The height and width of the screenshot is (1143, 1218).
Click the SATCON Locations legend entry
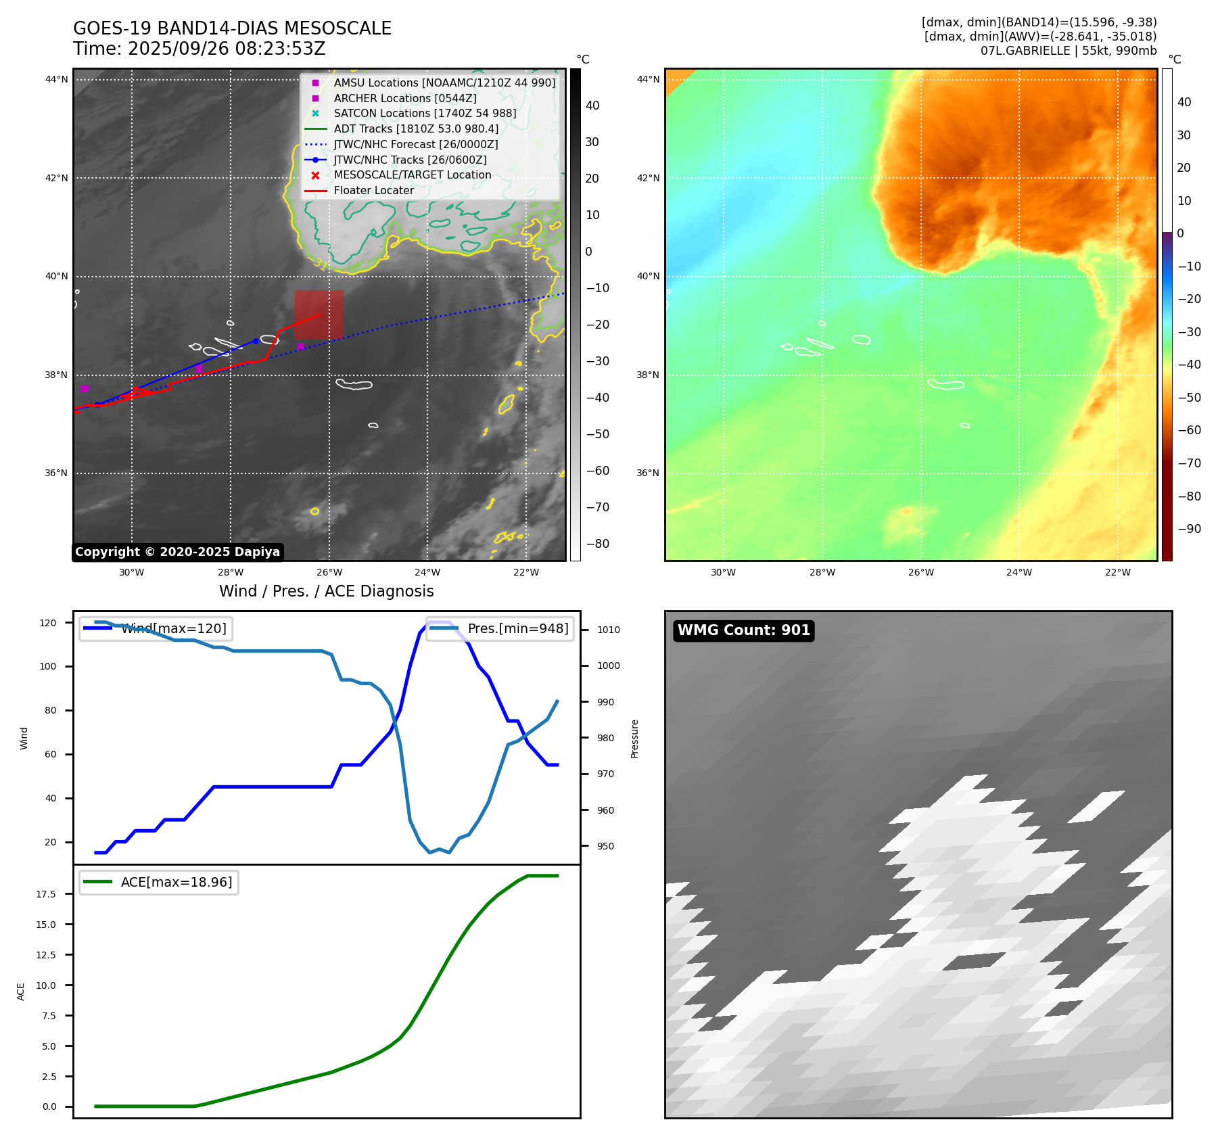(425, 114)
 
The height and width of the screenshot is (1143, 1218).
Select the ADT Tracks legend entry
(416, 129)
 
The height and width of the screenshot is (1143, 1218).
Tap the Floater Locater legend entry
(373, 191)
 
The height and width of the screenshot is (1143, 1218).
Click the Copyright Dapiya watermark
(177, 552)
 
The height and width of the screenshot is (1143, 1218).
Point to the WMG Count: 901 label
(744, 630)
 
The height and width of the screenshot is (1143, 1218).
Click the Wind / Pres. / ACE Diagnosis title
(326, 591)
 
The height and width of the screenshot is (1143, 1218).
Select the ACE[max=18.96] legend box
(160, 882)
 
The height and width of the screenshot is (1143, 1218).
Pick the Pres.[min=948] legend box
(500, 628)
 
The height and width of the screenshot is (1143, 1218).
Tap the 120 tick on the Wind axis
(48, 623)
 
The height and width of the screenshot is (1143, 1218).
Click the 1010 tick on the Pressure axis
(608, 630)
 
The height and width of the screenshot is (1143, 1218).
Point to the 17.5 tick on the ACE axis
(46, 894)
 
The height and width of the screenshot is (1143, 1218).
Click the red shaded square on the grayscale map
(319, 314)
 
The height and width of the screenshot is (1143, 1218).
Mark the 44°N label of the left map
(57, 80)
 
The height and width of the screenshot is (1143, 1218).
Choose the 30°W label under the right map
(723, 572)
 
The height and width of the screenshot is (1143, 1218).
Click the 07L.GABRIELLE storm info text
(1068, 51)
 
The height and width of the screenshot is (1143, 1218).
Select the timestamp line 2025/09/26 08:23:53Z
(200, 49)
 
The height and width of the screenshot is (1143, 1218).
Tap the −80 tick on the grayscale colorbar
(597, 544)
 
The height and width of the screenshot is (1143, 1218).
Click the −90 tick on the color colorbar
(1189, 529)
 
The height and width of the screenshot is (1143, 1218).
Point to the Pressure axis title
(634, 739)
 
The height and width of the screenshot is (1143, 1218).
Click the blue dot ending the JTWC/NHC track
(256, 341)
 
